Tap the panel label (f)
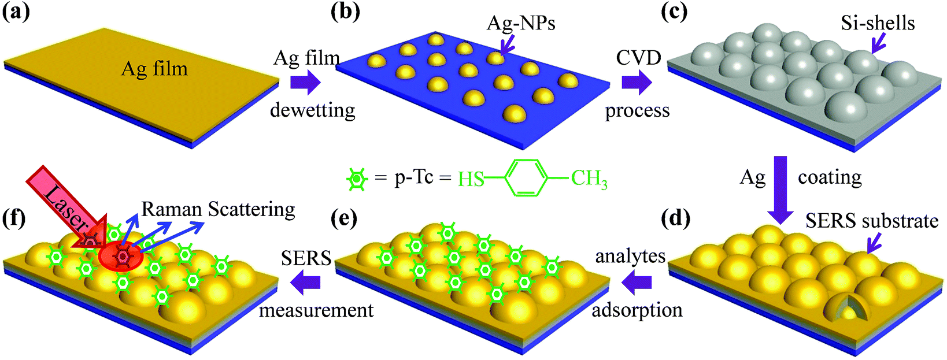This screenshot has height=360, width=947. tap(13, 219)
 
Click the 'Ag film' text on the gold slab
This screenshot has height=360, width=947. tap(154, 69)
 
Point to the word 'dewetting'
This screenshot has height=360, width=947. tap(313, 110)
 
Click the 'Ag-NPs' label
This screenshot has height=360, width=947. tap(520, 23)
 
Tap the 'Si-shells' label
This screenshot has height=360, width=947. tap(878, 23)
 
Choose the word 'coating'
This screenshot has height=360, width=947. tap(830, 177)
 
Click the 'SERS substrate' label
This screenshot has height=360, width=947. tap(872, 221)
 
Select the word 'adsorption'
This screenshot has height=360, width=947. tap(637, 310)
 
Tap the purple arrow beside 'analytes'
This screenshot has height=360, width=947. tap(637, 282)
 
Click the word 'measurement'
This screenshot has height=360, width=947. tap(316, 310)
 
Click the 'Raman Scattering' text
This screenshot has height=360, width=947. tap(219, 209)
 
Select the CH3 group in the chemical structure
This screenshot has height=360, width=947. tap(589, 179)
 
